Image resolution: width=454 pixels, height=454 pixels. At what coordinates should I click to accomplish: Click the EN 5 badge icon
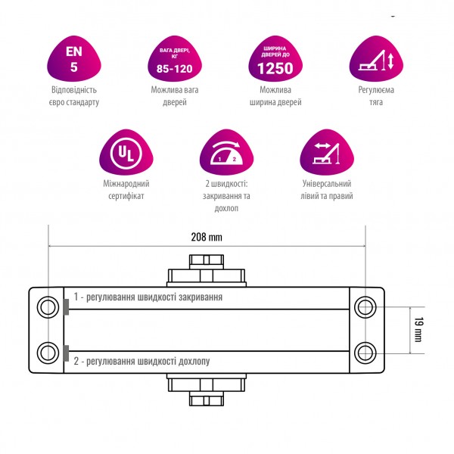coord(74,59)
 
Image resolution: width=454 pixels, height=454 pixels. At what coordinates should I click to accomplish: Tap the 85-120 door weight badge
coord(175,59)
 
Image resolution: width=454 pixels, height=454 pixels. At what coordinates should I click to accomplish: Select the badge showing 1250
coord(275,59)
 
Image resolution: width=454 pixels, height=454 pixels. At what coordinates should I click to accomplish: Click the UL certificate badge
coord(126,152)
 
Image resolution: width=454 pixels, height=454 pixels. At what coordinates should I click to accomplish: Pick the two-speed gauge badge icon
coord(226,152)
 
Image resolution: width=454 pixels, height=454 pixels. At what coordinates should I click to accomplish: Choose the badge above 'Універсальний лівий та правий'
coord(327,152)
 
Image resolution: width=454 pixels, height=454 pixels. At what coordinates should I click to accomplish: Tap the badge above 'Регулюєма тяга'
coord(376,59)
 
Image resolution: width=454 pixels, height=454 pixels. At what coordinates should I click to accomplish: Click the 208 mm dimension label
coord(207,237)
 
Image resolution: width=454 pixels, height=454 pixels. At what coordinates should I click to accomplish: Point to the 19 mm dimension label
coord(418,330)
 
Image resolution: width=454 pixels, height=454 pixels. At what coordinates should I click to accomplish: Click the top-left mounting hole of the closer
coord(48,307)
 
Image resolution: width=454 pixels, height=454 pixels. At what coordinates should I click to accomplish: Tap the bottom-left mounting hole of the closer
coord(48,353)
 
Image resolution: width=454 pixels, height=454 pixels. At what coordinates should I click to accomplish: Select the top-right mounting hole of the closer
coord(365,307)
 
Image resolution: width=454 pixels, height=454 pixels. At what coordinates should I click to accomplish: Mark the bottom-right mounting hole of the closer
coord(365,353)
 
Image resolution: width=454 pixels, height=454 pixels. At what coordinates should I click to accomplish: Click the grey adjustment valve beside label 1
coord(66,307)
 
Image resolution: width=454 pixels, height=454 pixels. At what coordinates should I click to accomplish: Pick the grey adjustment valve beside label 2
coord(66,353)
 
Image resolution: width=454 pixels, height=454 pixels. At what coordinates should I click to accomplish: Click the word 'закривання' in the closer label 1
coord(201,297)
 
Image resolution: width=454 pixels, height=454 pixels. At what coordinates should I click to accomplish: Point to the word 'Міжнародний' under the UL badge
coord(126,184)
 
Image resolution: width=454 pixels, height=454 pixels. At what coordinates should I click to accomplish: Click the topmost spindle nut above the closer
coord(207,262)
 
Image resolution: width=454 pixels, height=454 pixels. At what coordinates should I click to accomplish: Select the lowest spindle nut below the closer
coord(207,399)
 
